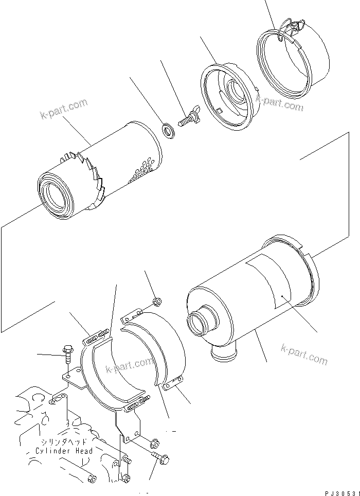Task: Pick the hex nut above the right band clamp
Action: [158, 300]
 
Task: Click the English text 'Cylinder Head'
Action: [64, 451]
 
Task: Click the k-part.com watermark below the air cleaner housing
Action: [304, 355]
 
